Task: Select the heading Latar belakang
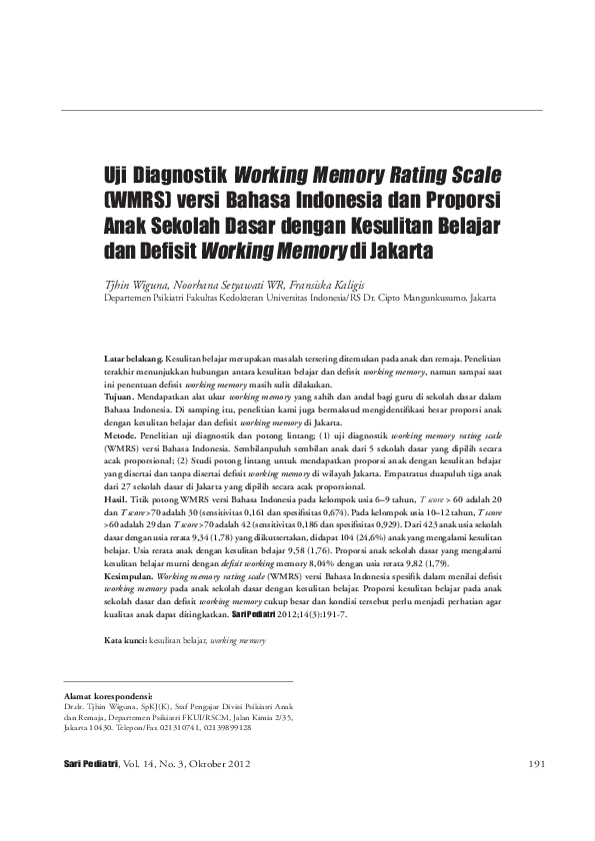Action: pyautogui.click(x=135, y=357)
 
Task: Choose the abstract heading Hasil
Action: pyautogui.click(x=118, y=496)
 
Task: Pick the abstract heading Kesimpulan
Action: pyautogui.click(x=130, y=576)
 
